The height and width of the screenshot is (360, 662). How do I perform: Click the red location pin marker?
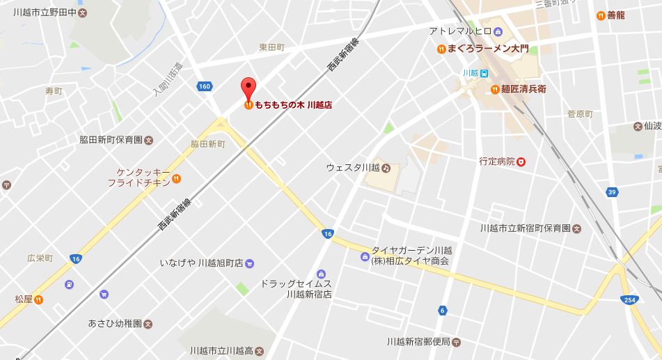click(249, 88)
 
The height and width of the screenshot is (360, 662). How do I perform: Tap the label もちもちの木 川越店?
click(293, 105)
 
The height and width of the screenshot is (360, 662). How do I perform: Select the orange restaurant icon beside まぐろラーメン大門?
click(441, 49)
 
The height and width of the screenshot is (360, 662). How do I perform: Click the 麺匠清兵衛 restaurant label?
click(523, 89)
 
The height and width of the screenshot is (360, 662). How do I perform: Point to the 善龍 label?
click(616, 15)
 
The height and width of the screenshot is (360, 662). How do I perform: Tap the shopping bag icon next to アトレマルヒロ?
click(498, 31)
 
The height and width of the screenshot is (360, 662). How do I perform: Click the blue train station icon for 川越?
click(484, 73)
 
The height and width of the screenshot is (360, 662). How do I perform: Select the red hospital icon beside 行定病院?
click(521, 161)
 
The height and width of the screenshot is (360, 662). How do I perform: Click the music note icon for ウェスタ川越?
click(386, 168)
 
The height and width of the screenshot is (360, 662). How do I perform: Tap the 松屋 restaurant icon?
click(38, 299)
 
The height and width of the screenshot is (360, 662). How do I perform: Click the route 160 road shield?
click(204, 86)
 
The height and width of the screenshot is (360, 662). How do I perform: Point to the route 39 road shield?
click(613, 192)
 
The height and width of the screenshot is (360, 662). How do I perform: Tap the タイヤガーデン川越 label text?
click(411, 251)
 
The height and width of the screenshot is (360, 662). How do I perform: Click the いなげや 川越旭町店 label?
click(201, 263)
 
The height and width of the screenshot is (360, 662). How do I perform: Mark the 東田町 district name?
click(272, 47)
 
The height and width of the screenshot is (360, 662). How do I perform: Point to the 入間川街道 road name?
click(168, 79)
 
